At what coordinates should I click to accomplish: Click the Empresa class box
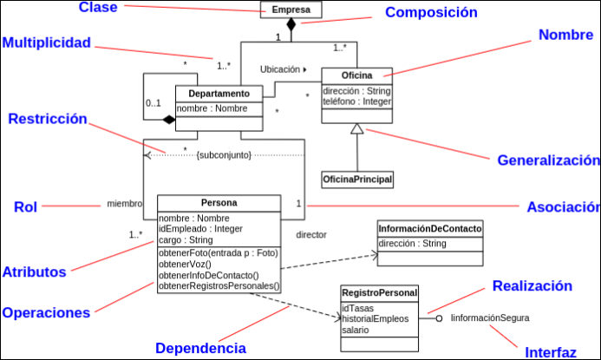click(x=291, y=10)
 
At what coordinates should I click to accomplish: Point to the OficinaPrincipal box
click(x=357, y=180)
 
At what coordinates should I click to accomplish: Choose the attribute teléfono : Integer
click(x=356, y=101)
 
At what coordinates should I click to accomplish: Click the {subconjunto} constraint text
click(x=224, y=154)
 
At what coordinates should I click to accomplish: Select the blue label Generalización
click(x=548, y=160)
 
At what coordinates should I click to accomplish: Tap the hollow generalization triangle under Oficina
click(x=356, y=130)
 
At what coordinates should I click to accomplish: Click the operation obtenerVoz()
click(x=185, y=263)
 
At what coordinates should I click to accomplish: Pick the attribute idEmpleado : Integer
click(x=200, y=228)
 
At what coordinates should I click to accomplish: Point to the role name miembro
click(x=124, y=204)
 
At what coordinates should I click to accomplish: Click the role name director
click(x=311, y=235)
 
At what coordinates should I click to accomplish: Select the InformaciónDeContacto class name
click(x=430, y=228)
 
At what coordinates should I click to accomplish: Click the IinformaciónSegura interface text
click(x=490, y=318)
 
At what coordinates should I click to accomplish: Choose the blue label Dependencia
click(x=200, y=348)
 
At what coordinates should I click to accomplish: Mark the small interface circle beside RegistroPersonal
click(x=440, y=318)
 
